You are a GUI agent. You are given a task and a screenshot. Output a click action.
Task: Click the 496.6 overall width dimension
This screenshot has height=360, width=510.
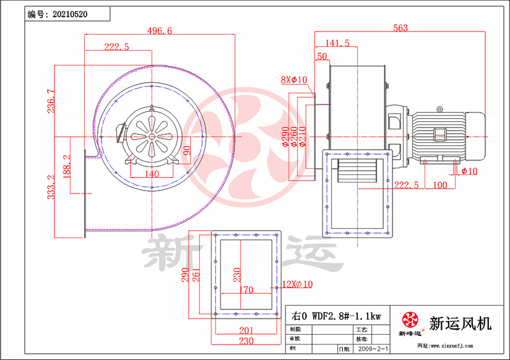tap(160, 31)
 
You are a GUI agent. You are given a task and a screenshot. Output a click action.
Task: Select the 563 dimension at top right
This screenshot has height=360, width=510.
tap(400, 27)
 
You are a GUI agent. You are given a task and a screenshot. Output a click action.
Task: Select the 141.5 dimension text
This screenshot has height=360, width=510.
tap(337, 43)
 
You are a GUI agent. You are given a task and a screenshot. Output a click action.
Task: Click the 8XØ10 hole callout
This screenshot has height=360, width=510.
tap(294, 80)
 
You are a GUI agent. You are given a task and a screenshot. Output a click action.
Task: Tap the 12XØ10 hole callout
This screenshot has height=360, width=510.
tap(298, 284)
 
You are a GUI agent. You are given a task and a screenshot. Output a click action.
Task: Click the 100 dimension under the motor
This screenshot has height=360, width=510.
tap(439, 185)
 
